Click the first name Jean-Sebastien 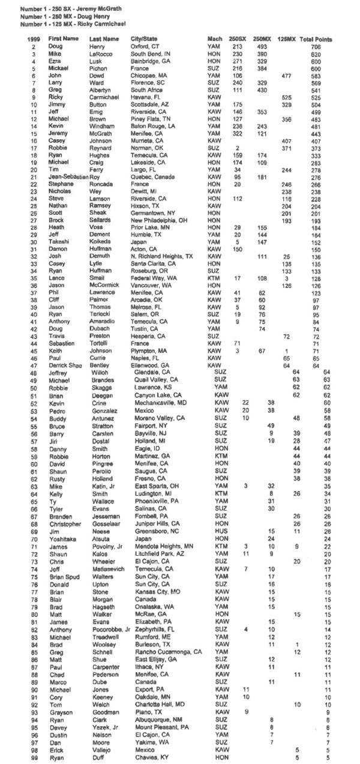[x=66, y=177]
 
